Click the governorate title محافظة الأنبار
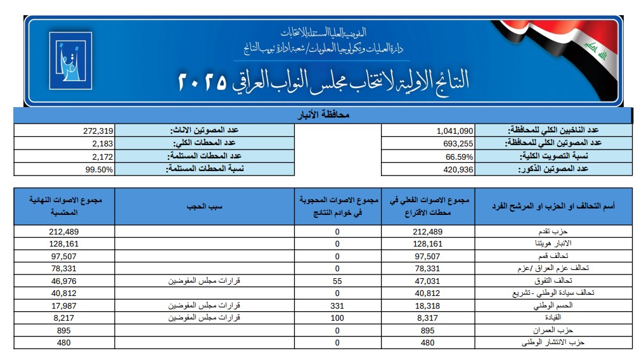pyautogui.click(x=323, y=116)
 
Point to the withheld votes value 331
pyautogui.click(x=337, y=306)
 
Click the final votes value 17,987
pyautogui.click(x=63, y=306)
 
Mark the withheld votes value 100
pyautogui.click(x=337, y=318)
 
